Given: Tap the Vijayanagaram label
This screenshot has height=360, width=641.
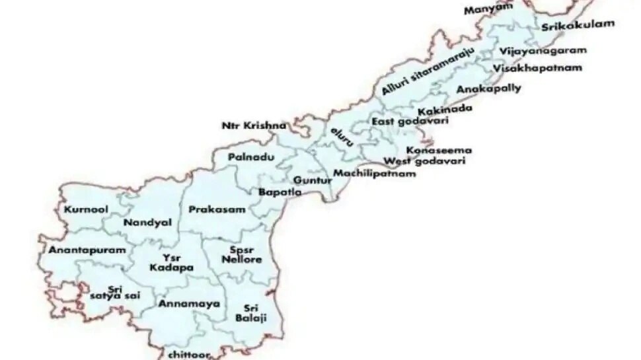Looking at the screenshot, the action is pyautogui.click(x=543, y=51).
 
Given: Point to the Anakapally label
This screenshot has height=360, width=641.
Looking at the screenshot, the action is pyautogui.click(x=488, y=89).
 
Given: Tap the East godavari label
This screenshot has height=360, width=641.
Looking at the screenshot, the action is pyautogui.click(x=410, y=122).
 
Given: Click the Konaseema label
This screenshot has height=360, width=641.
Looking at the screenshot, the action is pyautogui.click(x=439, y=150).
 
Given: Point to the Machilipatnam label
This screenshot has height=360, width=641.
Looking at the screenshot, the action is pyautogui.click(x=374, y=174).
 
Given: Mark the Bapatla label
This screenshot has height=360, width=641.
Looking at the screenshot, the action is pyautogui.click(x=280, y=192).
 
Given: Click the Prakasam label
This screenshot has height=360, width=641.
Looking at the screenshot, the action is pyautogui.click(x=217, y=210).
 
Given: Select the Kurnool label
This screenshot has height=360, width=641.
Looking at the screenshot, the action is pyautogui.click(x=86, y=210).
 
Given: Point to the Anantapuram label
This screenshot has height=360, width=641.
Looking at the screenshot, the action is pyautogui.click(x=78, y=251).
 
